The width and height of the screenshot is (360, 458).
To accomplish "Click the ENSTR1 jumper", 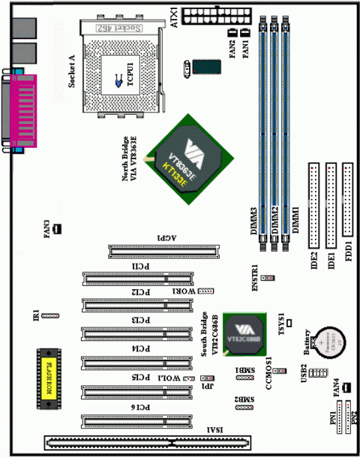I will [x=268, y=277].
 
